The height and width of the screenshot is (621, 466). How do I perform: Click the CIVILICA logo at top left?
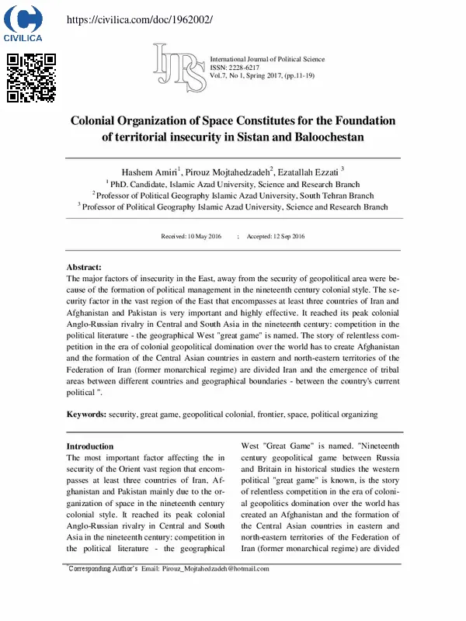coord(24,23)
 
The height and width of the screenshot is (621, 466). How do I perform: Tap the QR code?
coord(31,78)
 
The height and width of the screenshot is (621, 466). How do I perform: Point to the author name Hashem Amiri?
coord(148,172)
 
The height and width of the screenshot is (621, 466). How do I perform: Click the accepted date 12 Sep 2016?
coord(276,236)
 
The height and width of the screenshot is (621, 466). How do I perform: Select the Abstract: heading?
coord(84,266)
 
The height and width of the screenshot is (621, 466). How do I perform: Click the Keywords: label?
coord(86,415)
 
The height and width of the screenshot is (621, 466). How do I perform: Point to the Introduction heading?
coord(90,446)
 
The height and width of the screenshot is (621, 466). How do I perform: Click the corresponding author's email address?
coord(215,569)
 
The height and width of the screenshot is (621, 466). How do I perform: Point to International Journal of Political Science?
coord(267,60)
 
